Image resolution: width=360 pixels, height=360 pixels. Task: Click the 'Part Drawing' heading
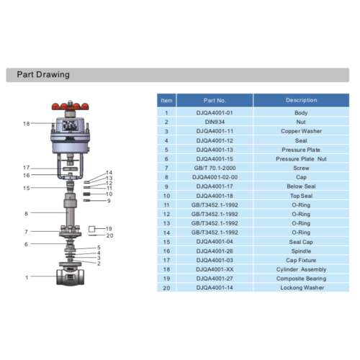[43, 74]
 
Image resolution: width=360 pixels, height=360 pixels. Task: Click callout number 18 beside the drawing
[27, 124]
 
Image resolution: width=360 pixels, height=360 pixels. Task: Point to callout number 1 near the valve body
[27, 277]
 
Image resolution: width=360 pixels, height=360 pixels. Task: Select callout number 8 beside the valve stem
[27, 213]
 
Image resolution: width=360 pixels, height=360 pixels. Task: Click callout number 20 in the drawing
[109, 235]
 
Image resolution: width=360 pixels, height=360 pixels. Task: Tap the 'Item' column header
[167, 101]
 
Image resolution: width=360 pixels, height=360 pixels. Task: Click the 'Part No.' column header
[216, 101]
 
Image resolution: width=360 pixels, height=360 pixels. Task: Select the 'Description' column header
[301, 101]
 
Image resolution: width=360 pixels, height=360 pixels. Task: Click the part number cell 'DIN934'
[216, 122]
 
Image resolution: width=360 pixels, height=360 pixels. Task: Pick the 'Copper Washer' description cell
[301, 132]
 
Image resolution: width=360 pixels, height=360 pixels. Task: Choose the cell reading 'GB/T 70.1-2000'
[216, 168]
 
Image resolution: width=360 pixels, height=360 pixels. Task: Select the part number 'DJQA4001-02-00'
[216, 177]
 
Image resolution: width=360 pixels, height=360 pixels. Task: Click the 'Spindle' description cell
[301, 250]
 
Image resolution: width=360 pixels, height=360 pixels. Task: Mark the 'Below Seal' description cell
[301, 186]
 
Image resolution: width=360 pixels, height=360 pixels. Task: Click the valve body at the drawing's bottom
[70, 277]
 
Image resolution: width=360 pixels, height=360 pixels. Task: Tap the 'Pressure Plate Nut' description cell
[301, 159]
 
